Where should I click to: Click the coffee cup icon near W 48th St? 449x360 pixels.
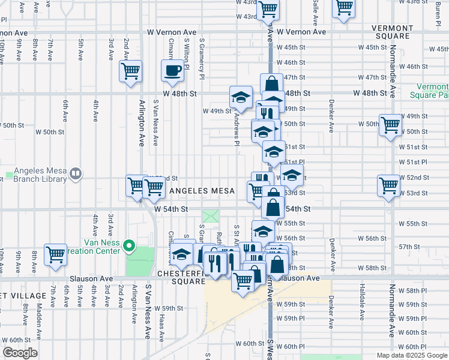coord(172,70)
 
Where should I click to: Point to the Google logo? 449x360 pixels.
coord(20,353)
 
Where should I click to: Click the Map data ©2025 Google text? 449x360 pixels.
coord(411,355)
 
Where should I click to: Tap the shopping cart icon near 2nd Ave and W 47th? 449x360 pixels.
coord(131,71)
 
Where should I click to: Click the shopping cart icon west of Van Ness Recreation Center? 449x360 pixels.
coord(55,254)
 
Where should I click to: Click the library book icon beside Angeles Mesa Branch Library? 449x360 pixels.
coord(76,174)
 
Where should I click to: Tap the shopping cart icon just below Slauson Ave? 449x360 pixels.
coord(243,280)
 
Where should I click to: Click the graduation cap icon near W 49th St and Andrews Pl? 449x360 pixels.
coord(241,97)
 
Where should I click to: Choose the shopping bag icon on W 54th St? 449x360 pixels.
coord(273,207)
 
